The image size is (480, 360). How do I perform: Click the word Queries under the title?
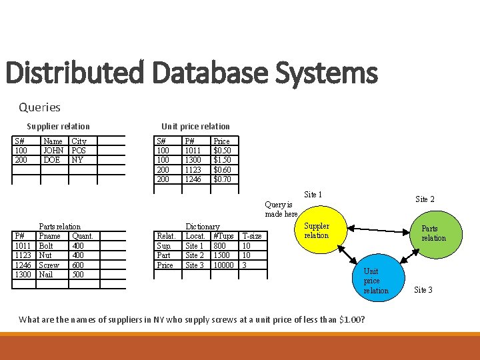39,107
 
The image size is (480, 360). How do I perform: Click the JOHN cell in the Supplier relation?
53,151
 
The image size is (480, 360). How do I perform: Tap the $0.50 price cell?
222,151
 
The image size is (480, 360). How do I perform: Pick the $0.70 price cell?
222,179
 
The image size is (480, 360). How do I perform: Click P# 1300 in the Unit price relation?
194,160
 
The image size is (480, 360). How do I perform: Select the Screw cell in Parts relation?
49,265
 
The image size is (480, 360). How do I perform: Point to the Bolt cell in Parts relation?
47,246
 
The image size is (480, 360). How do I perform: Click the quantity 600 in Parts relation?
78,265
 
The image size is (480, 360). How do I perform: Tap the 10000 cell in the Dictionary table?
223,265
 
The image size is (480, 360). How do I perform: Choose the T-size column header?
251,236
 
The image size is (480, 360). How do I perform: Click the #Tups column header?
223,236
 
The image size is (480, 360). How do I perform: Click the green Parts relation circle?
433,233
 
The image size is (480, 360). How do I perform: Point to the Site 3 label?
423,289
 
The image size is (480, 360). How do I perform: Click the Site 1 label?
313,195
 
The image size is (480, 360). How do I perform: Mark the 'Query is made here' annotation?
281,209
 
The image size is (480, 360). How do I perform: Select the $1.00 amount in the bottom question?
350,319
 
